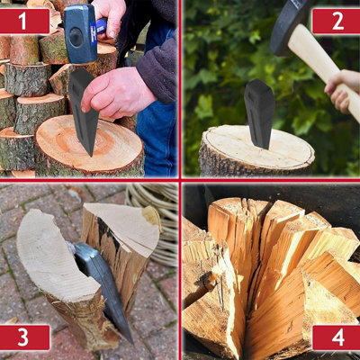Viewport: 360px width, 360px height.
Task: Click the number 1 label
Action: click(x=24, y=19)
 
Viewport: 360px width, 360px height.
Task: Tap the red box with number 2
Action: click(x=335, y=20)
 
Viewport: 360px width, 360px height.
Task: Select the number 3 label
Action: click(x=24, y=337)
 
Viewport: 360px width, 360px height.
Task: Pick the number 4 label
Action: click(x=335, y=337)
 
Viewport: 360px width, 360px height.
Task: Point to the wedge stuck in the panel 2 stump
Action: click(x=259, y=112)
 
